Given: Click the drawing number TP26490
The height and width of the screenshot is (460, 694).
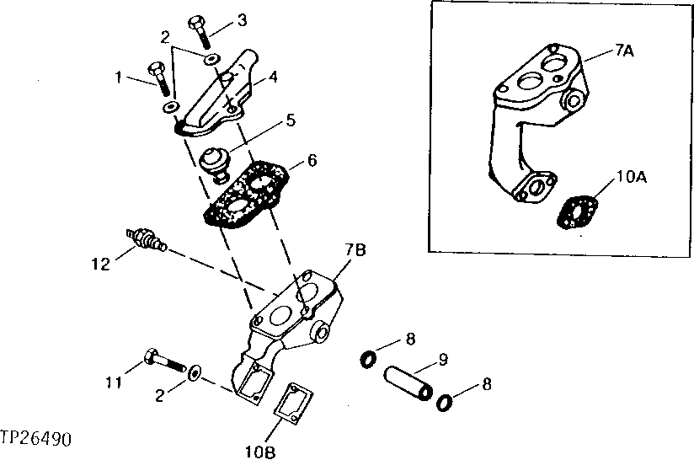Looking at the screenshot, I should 36,440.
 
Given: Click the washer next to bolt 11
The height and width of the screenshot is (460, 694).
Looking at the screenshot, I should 195,371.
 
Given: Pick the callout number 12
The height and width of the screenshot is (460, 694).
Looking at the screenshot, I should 101,265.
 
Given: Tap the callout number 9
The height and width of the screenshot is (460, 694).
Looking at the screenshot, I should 442,361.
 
